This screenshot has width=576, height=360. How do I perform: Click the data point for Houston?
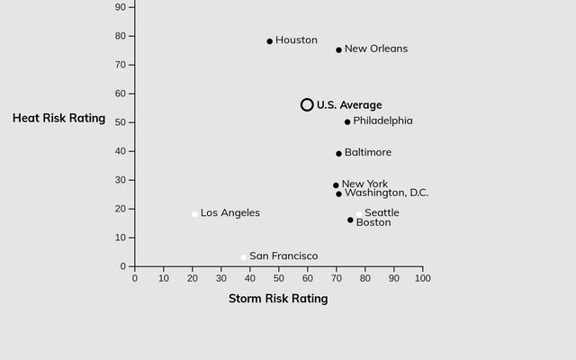[x=269, y=41]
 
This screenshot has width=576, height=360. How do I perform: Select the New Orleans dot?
[x=338, y=50]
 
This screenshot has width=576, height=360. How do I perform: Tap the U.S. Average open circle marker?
[x=307, y=105]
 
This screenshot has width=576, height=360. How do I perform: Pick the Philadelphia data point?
[x=347, y=122]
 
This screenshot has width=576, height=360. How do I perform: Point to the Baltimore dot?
[x=338, y=154]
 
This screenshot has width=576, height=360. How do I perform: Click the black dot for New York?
[x=336, y=185]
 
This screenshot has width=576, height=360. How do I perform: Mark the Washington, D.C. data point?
[x=338, y=194]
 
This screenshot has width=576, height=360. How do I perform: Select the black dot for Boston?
[x=350, y=220]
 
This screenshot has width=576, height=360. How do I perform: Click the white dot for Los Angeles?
[x=194, y=214]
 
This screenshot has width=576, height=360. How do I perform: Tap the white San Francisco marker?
[x=243, y=257]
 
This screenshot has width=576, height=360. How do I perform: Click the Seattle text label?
[x=382, y=213]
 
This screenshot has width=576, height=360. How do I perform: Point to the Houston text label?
[x=296, y=40]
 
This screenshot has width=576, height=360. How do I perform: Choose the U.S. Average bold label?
[x=349, y=105]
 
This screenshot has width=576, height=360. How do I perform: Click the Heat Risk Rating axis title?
[x=58, y=118]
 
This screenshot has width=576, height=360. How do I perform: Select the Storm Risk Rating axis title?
[x=278, y=299]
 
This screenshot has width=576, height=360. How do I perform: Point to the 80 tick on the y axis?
[x=121, y=36]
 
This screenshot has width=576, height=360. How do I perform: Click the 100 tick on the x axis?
[x=422, y=278]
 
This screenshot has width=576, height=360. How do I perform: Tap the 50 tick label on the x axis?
[x=279, y=278]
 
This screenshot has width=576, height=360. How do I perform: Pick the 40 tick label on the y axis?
[x=121, y=151]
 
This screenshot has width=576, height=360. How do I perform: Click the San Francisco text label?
[x=283, y=256]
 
